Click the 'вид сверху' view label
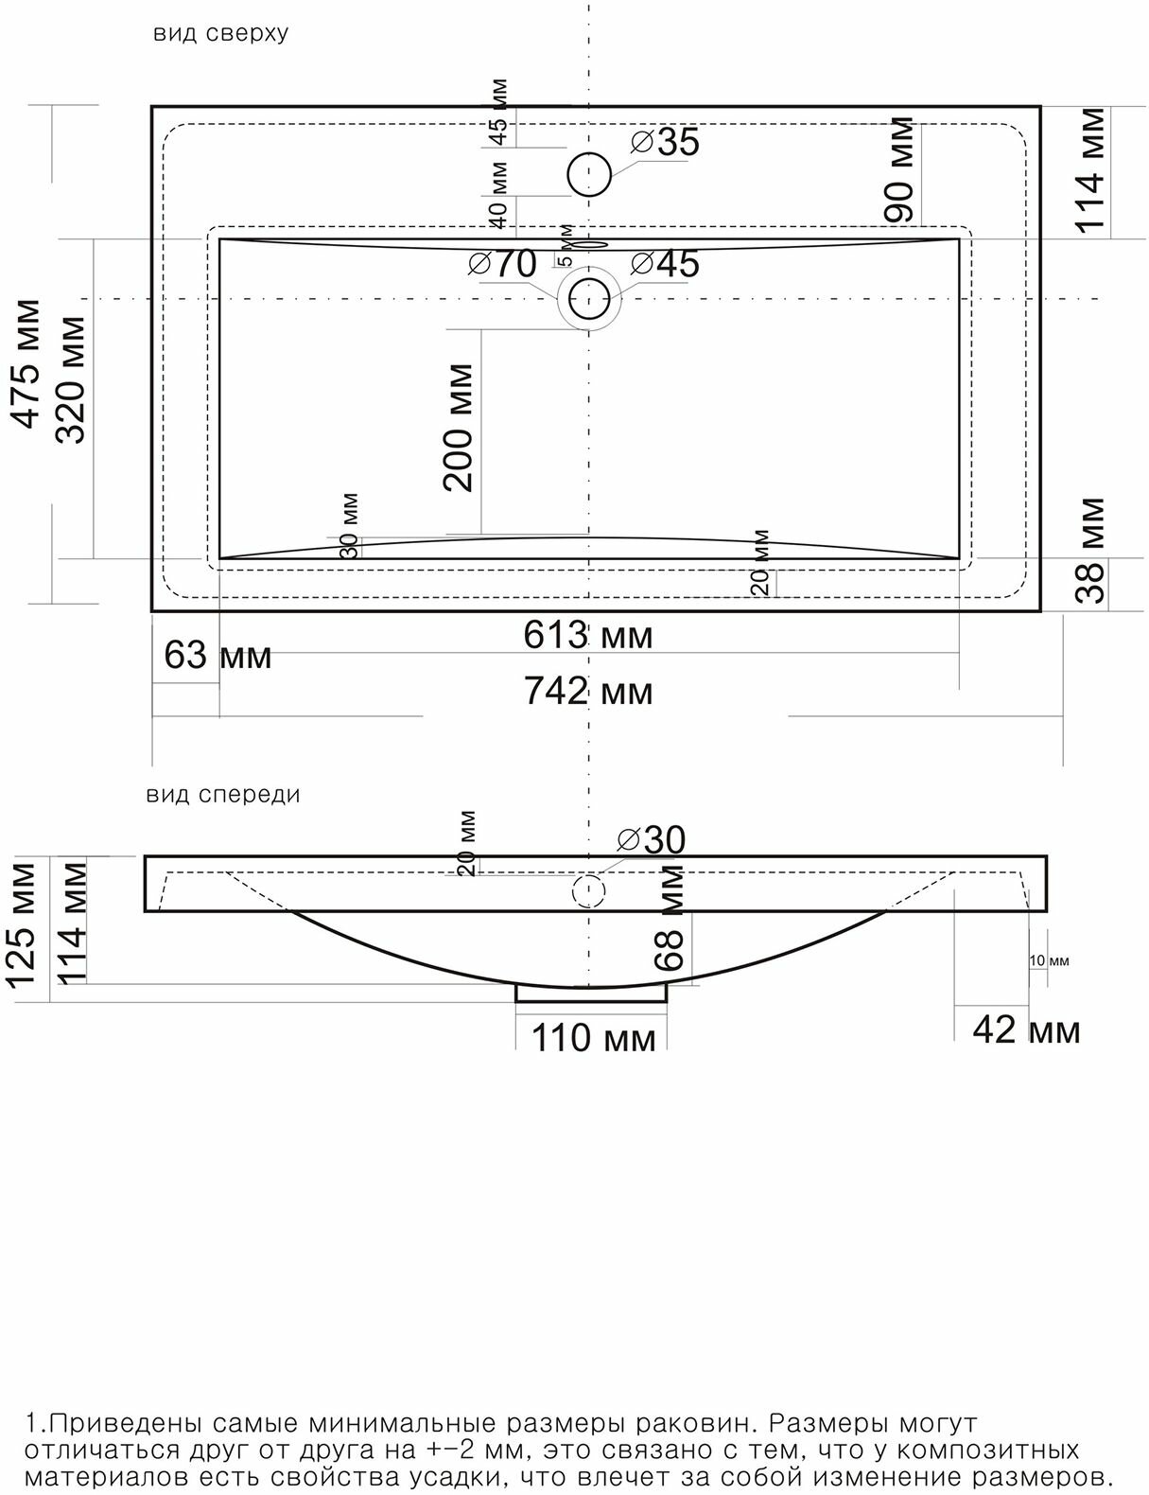[x=220, y=34]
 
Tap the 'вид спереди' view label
[x=223, y=795]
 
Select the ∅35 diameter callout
[x=664, y=143]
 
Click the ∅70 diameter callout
[x=502, y=263]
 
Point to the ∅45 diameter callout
[x=664, y=263]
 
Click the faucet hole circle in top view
[x=589, y=175]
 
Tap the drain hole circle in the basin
[x=589, y=299]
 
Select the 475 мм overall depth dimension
[x=26, y=364]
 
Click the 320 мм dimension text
[x=70, y=379]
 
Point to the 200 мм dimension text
[x=458, y=428]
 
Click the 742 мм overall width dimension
[x=588, y=692]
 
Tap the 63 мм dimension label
[x=218, y=656]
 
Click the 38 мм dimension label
[x=1089, y=551]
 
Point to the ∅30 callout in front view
[x=652, y=839]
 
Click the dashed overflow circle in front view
[x=588, y=891]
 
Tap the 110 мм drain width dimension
[x=593, y=1038]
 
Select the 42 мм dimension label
[x=1027, y=1030]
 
